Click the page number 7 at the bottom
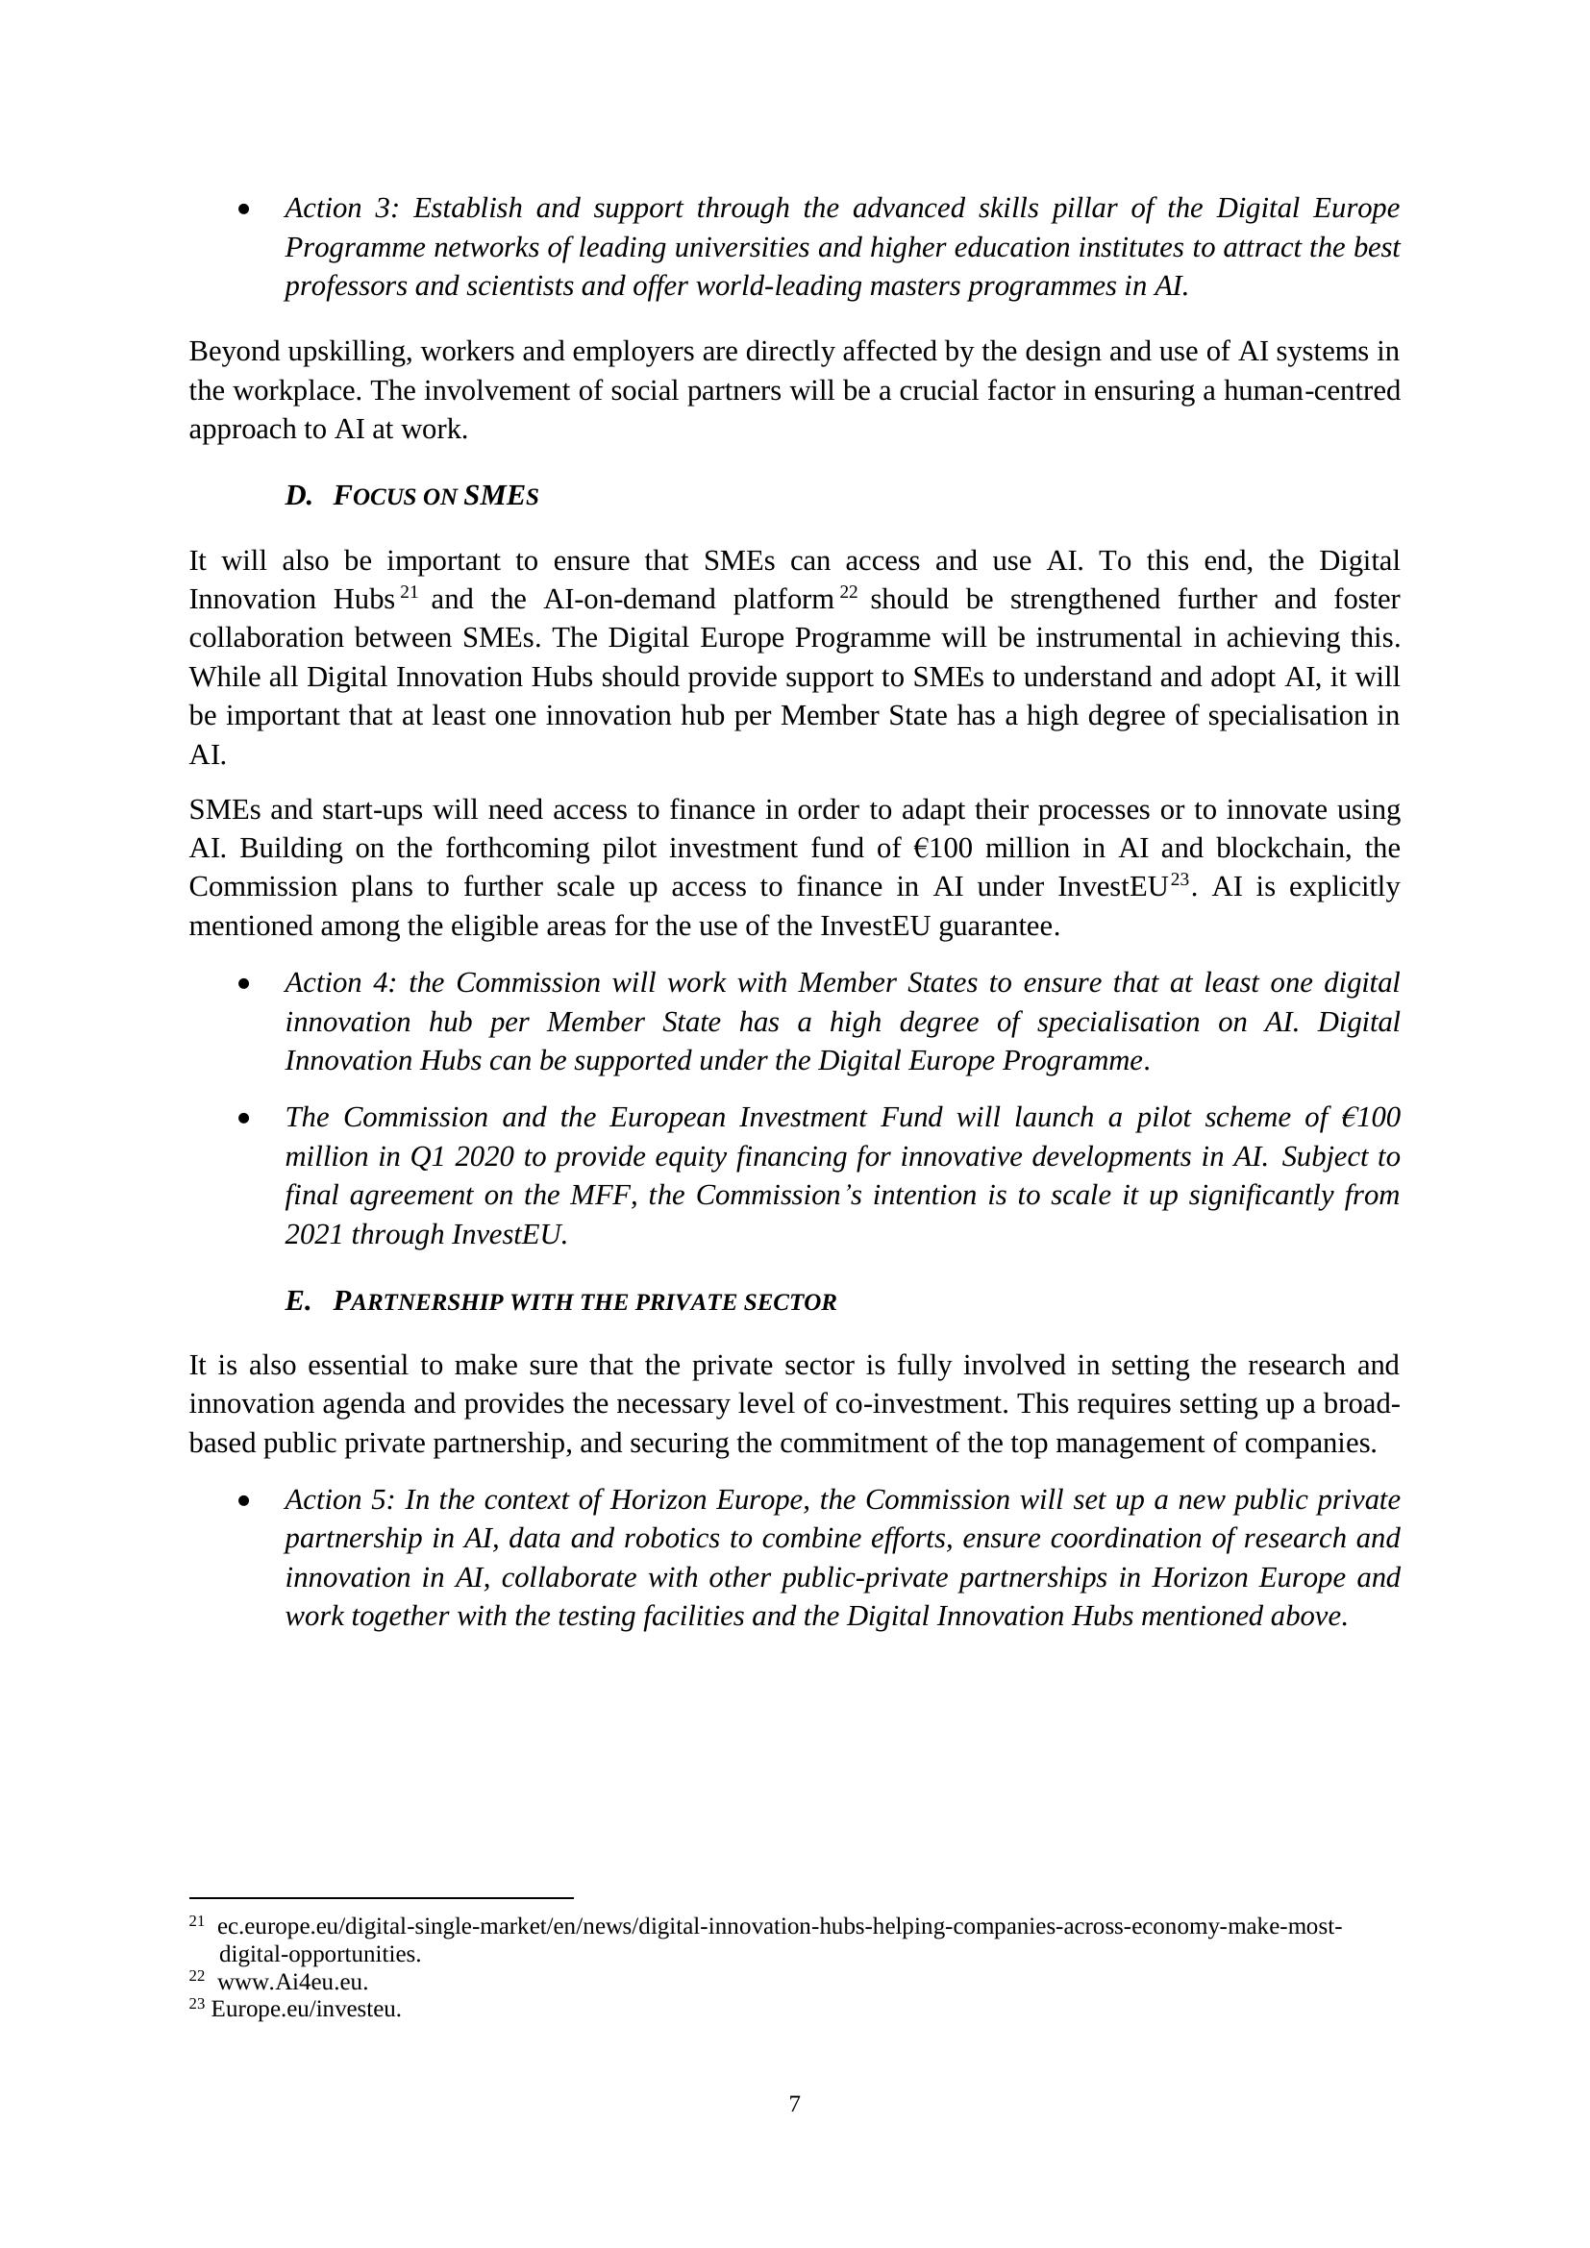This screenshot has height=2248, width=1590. click(x=794, y=2103)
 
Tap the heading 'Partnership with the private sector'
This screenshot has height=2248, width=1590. click(x=584, y=1302)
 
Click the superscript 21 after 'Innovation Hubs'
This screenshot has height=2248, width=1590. click(x=410, y=591)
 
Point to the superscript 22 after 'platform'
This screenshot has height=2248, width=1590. click(x=848, y=591)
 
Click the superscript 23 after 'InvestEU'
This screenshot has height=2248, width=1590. click(x=1180, y=879)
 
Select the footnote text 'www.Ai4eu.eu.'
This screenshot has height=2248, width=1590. click(x=293, y=1983)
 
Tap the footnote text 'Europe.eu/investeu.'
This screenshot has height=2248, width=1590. click(x=306, y=2009)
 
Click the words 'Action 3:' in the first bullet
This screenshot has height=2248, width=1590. click(x=341, y=209)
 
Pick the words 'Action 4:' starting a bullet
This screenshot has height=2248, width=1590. click(x=341, y=983)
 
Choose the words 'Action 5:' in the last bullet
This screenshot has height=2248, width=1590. click(x=341, y=1500)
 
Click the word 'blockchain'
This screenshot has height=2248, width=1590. click(x=1279, y=848)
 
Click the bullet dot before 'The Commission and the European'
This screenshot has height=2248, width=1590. click(x=244, y=1118)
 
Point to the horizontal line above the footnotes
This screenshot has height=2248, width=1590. click(x=381, y=1897)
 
